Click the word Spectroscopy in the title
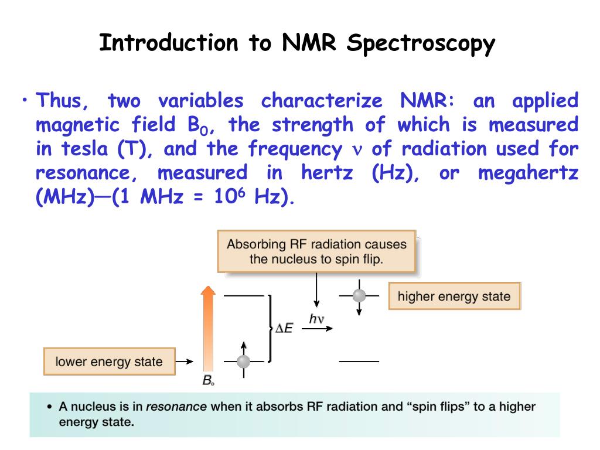click(421, 45)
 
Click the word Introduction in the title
click(169, 43)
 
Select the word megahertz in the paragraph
click(528, 173)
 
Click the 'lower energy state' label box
click(109, 362)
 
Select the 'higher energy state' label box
click(454, 296)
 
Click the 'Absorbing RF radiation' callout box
click(316, 251)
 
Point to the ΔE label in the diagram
click(284, 329)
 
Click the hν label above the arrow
click(317, 319)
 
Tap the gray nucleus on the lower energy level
click(243, 361)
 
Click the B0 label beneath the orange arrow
click(208, 381)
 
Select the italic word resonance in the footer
click(176, 407)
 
